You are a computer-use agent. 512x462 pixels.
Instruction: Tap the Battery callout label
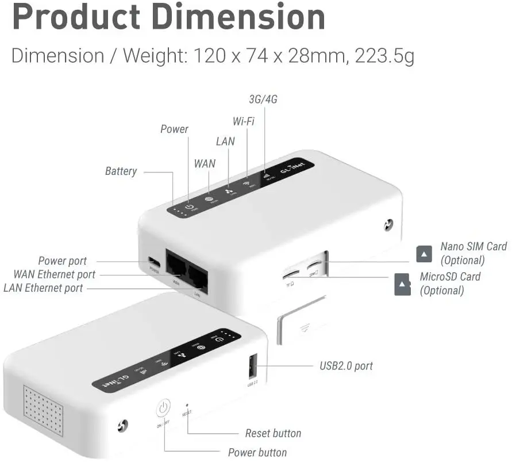[x=121, y=171]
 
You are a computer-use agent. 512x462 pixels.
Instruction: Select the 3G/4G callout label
[x=263, y=99]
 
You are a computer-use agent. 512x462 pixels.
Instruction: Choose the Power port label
[x=62, y=261]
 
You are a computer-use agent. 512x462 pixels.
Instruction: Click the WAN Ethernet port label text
[x=55, y=274]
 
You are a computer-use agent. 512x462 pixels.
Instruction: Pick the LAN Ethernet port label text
[x=43, y=288]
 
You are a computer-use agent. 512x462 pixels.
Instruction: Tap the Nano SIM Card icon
[x=424, y=253]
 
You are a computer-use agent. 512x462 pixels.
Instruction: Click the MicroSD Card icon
[x=402, y=284]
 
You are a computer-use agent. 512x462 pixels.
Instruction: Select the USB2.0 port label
[x=346, y=365]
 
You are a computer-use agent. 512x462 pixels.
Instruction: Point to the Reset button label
[x=273, y=433]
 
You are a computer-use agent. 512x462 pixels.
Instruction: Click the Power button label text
[x=257, y=452]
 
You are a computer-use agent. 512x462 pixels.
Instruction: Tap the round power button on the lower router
[x=163, y=408]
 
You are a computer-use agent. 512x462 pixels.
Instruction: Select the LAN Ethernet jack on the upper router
[x=198, y=279]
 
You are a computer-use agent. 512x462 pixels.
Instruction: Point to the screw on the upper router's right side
[x=389, y=224]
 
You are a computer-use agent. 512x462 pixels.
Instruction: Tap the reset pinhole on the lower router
[x=187, y=406]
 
